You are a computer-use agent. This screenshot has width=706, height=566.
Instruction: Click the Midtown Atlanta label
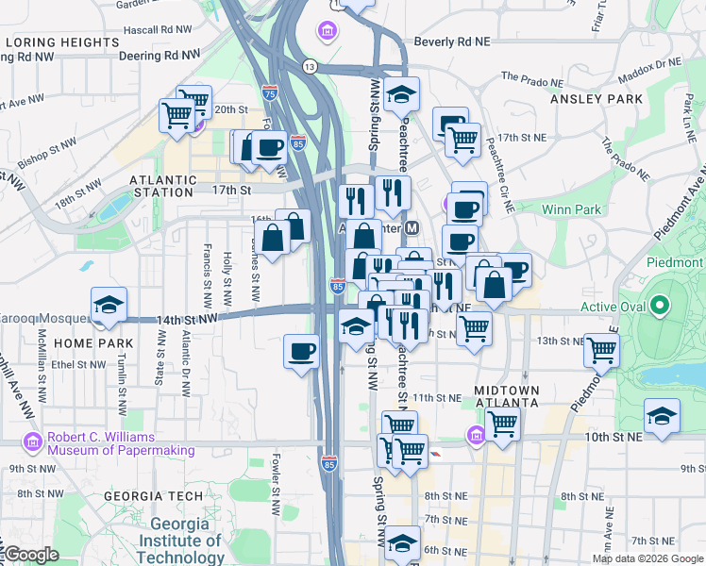tap(507, 397)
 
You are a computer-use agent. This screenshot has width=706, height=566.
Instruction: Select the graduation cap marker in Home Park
tap(109, 305)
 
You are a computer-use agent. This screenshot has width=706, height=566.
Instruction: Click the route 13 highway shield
tap(310, 66)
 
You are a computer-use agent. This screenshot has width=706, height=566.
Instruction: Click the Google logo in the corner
tap(30, 555)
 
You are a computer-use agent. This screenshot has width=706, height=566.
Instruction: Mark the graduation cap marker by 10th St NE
tap(662, 416)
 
